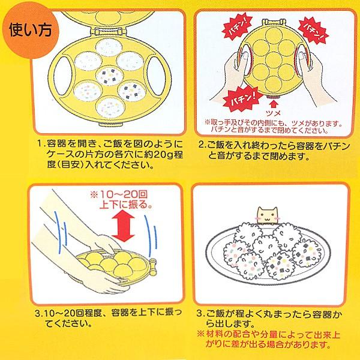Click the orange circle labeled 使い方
tap(31, 31)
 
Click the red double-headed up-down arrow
tap(123, 226)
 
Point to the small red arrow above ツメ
tap(274, 104)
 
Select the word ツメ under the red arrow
tap(273, 113)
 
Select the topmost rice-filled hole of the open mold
tap(109, 47)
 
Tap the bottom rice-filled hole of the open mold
tap(111, 107)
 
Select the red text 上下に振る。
tap(126, 205)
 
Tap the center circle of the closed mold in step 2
tap(274, 59)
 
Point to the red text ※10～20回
tap(119, 194)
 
